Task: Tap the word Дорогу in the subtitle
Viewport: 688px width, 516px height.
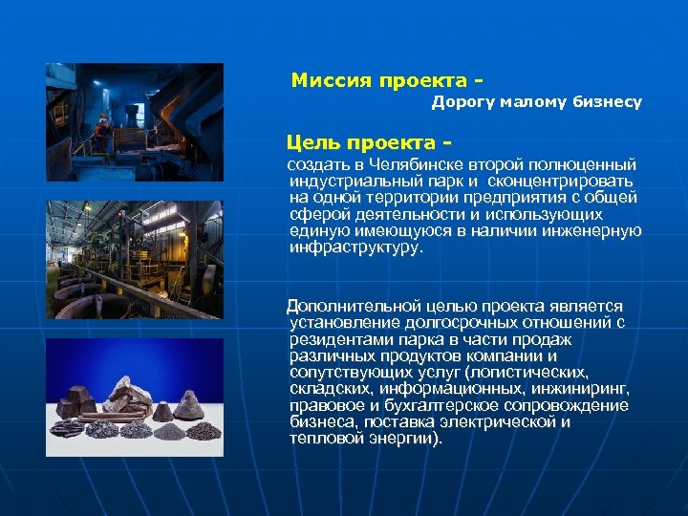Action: (x=462, y=100)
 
